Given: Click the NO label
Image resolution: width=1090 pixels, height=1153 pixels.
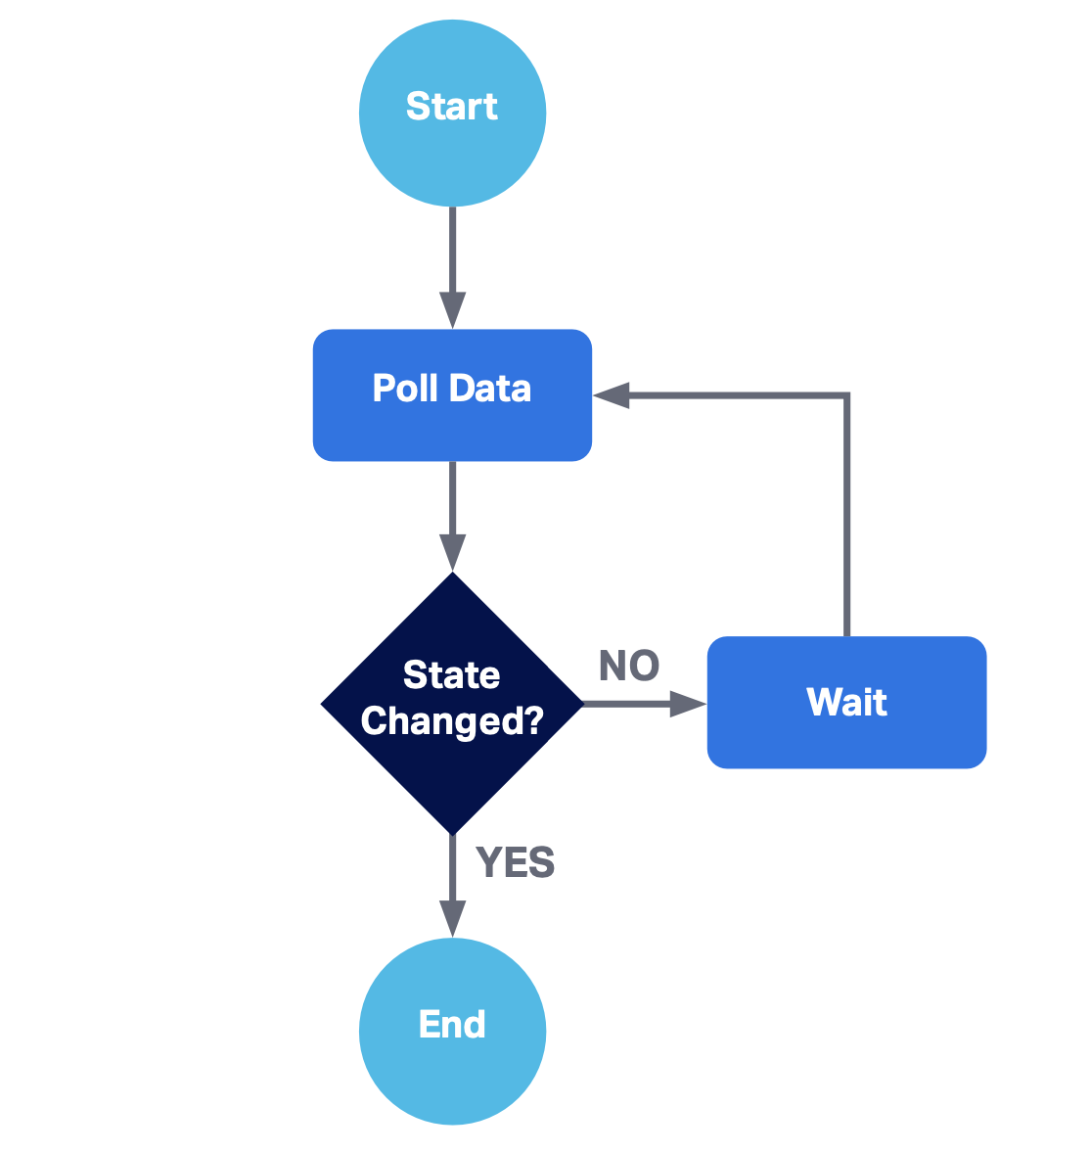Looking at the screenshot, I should pyautogui.click(x=629, y=667).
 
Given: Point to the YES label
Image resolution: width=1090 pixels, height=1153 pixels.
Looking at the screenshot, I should pyautogui.click(x=515, y=863).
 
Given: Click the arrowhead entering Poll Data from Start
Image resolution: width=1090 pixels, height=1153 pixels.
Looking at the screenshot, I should pyautogui.click(x=452, y=310).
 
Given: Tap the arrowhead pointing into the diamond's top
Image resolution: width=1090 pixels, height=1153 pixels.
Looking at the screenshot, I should pyautogui.click(x=452, y=553).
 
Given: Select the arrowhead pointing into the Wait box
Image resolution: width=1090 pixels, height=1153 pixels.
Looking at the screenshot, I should pyautogui.click(x=687, y=703).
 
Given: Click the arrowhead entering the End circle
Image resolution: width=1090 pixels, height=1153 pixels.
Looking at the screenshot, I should pyautogui.click(x=452, y=918).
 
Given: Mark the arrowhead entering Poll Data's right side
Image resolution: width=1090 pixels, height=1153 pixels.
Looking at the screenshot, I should pyautogui.click(x=612, y=395).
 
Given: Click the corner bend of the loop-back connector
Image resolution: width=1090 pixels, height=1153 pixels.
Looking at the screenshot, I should pyautogui.click(x=847, y=395).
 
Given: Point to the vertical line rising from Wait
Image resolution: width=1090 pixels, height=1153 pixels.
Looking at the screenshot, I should pyautogui.click(x=847, y=519).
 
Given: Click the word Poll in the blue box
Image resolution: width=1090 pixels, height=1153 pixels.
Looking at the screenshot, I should pyautogui.click(x=405, y=389).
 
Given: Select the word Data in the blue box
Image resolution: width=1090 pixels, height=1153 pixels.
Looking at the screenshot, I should pyautogui.click(x=492, y=389).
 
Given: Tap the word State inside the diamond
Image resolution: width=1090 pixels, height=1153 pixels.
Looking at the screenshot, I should pyautogui.click(x=452, y=675).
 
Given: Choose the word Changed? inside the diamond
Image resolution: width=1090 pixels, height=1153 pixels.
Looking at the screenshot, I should pyautogui.click(x=452, y=721).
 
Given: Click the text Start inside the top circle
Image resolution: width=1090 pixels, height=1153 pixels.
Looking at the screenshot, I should pyautogui.click(x=452, y=107).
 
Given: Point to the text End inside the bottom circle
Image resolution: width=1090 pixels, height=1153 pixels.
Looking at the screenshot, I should pyautogui.click(x=452, y=1025).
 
